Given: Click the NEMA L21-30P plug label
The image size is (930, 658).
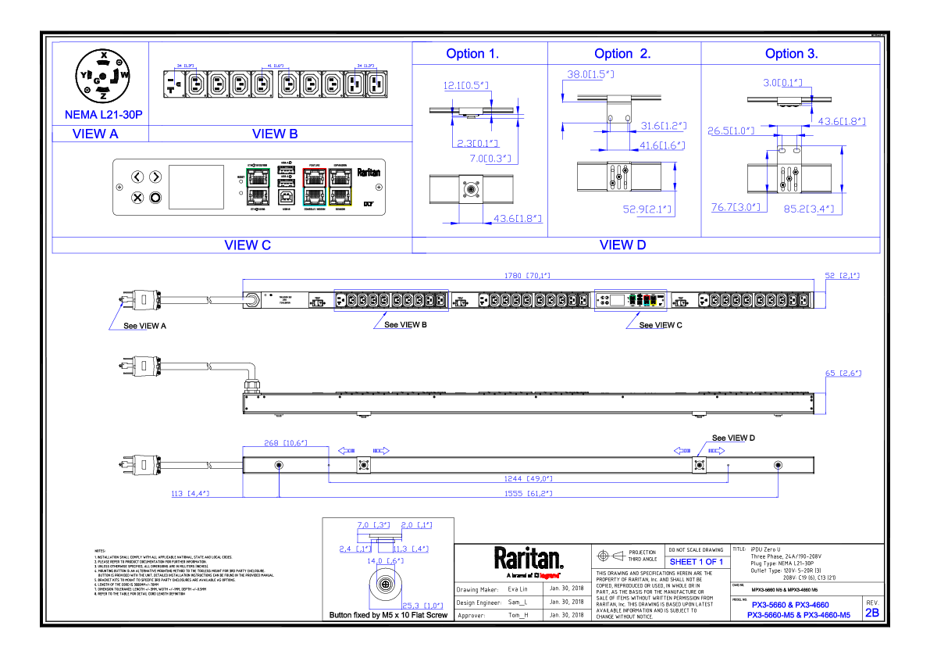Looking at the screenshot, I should pyautogui.click(x=104, y=115).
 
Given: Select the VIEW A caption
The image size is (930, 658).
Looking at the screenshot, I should pyautogui.click(x=95, y=134).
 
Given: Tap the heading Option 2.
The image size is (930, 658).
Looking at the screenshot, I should pyautogui.click(x=622, y=54).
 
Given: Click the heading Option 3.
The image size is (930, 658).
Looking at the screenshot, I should pyautogui.click(x=791, y=54).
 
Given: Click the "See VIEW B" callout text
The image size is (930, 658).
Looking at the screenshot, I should pyautogui.click(x=405, y=324).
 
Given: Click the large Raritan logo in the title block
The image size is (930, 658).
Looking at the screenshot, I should pyautogui.click(x=528, y=559).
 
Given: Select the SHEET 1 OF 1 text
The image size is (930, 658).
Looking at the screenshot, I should pyautogui.click(x=697, y=562).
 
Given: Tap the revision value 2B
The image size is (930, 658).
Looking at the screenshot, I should pyautogui.click(x=871, y=613).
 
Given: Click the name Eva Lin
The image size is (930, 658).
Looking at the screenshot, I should pyautogui.click(x=518, y=589).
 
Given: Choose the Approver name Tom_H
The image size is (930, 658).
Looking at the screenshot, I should pyautogui.click(x=518, y=615).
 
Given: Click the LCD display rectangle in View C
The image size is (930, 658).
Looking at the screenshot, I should pyautogui.click(x=197, y=187).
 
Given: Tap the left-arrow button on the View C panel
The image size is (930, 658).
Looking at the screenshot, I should pyautogui.click(x=137, y=177).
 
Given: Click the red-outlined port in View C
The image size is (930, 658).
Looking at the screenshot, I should pyautogui.click(x=313, y=177).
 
